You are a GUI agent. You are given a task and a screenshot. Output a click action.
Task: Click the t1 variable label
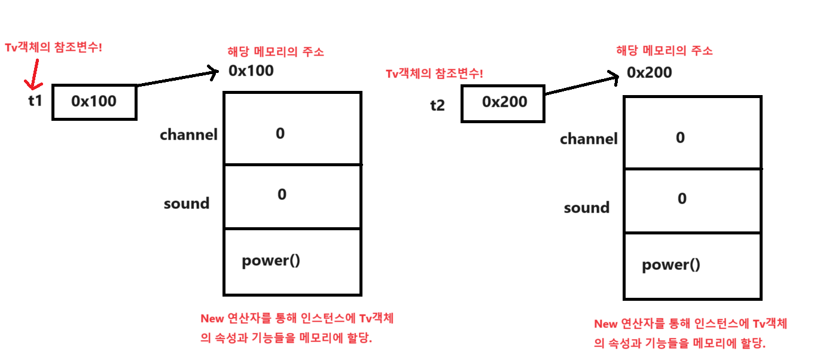[35, 100]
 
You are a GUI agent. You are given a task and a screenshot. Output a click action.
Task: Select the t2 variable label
[437, 105]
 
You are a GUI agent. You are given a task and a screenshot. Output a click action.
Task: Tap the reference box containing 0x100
[94, 102]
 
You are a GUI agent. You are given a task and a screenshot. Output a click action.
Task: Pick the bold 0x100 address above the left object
[251, 71]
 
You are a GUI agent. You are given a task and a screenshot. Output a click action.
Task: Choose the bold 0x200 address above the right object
[649, 73]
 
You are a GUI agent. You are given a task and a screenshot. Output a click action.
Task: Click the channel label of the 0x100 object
[188, 135]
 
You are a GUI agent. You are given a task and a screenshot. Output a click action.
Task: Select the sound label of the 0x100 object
[187, 203]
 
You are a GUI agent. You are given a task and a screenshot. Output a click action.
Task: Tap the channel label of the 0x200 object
[589, 139]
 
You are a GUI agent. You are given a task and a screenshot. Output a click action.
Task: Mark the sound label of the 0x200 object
[586, 208]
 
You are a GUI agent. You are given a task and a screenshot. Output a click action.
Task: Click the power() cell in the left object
[292, 261]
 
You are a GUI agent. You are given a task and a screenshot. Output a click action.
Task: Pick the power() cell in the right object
[692, 266]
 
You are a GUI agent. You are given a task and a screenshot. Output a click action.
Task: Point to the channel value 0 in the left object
[280, 133]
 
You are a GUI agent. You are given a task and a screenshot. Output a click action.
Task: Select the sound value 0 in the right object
[682, 199]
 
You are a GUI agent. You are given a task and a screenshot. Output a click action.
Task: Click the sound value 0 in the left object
[282, 194]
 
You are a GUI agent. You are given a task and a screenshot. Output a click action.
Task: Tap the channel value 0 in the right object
[680, 138]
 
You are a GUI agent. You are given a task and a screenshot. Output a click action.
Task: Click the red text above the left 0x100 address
[276, 51]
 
